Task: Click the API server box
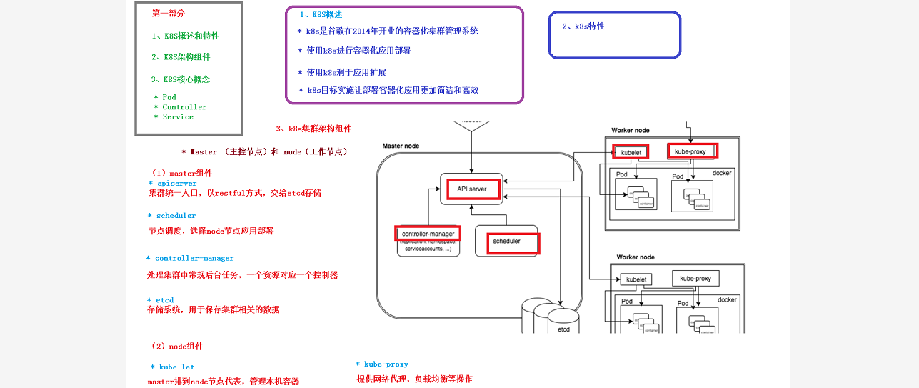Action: (x=468, y=189)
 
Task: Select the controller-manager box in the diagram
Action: (x=428, y=234)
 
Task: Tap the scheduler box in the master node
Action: (x=506, y=242)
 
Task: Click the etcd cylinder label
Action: (x=563, y=329)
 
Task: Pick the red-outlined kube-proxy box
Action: (x=692, y=151)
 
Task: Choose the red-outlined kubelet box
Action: (x=631, y=152)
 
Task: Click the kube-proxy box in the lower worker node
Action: (x=695, y=278)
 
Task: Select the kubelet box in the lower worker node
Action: (x=632, y=279)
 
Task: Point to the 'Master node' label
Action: (x=401, y=146)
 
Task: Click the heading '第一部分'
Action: (x=169, y=14)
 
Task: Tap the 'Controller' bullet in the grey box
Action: (x=184, y=107)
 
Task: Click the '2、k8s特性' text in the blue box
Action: (x=583, y=26)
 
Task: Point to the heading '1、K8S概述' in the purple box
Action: (x=321, y=14)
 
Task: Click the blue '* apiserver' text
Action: (x=173, y=184)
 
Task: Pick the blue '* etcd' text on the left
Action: (x=161, y=300)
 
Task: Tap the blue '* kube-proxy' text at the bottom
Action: (x=382, y=364)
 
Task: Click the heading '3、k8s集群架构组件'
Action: (x=313, y=129)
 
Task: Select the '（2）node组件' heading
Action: (x=177, y=347)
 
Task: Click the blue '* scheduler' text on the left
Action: (x=172, y=216)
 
